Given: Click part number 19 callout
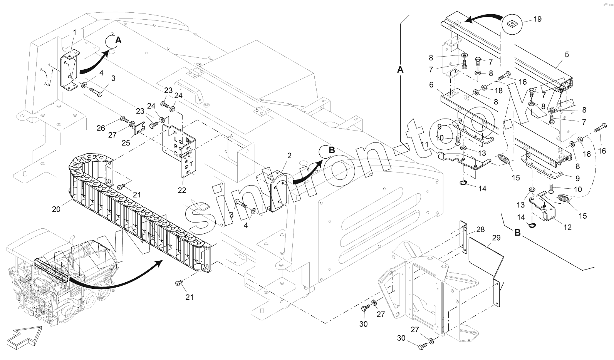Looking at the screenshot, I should coord(537,19).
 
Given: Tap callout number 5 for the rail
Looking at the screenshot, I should coord(567,55).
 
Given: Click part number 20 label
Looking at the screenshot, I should coord(56,209).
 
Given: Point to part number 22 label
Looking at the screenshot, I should coord(182,190).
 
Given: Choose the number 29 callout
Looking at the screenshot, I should coord(496,238).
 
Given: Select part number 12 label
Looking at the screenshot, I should coord(567,228).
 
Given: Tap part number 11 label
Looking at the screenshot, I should coord(424,145).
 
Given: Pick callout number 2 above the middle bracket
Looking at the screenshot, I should coord(289,156).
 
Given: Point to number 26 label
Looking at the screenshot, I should coord(101,128).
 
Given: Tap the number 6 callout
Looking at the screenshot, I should coord(431,84).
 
